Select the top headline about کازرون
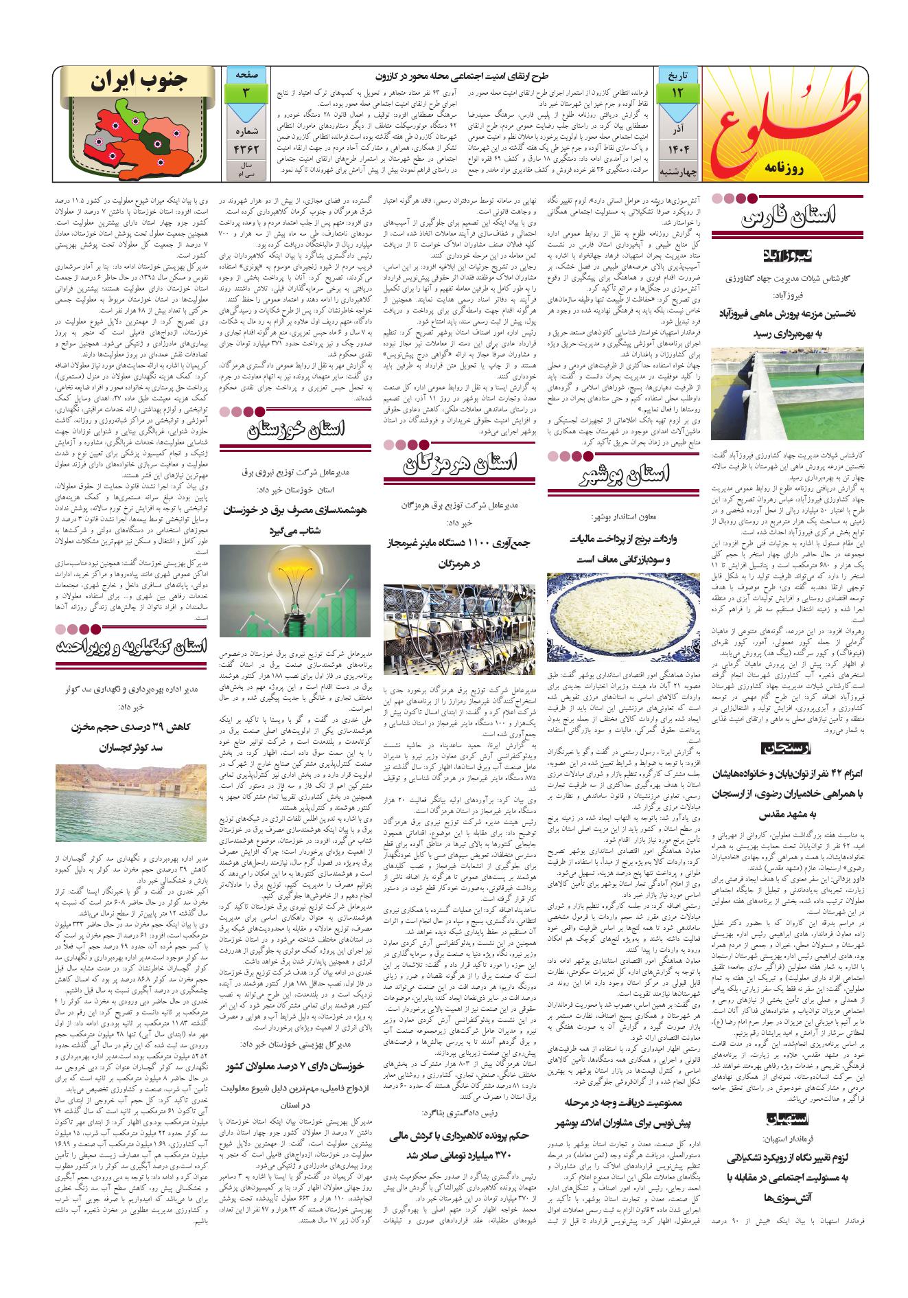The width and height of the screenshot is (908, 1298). tap(463, 76)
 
